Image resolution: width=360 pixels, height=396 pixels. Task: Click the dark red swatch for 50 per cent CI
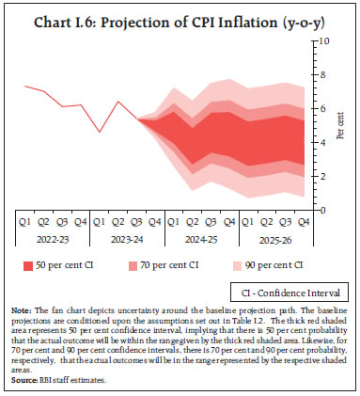pos(29,266)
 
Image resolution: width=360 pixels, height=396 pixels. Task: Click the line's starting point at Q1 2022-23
pos(25,87)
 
